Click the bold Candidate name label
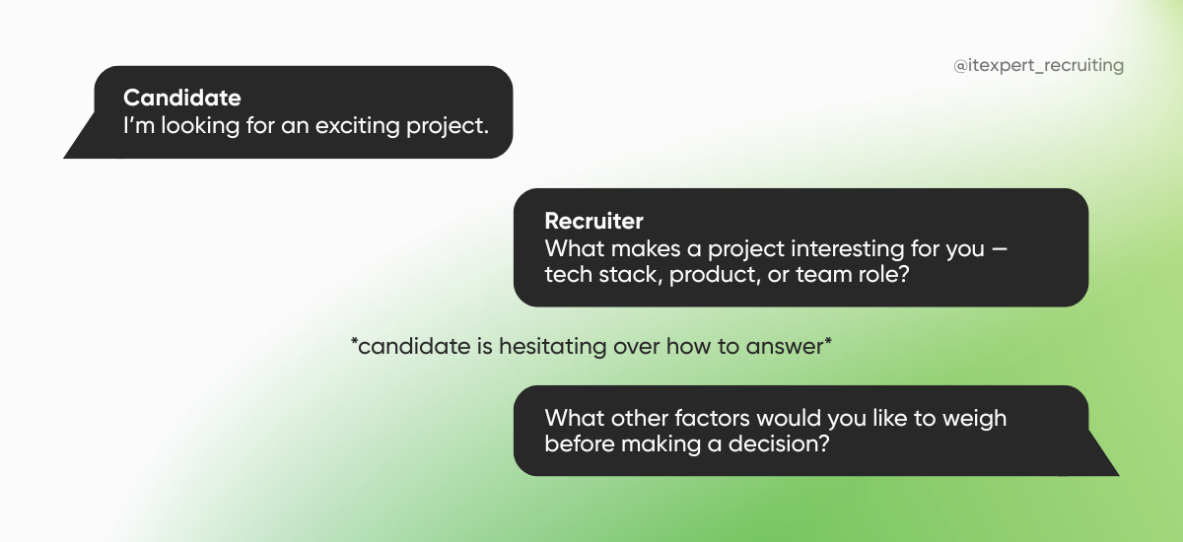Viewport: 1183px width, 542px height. [x=181, y=98]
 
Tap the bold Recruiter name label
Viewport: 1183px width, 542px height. [x=593, y=220]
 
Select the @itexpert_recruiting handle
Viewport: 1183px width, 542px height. [x=1038, y=66]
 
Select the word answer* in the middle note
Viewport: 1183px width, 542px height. [x=794, y=347]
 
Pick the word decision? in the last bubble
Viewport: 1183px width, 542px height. [x=780, y=443]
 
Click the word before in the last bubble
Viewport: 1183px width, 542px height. [x=579, y=443]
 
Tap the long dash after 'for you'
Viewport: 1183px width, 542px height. [x=1000, y=249]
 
